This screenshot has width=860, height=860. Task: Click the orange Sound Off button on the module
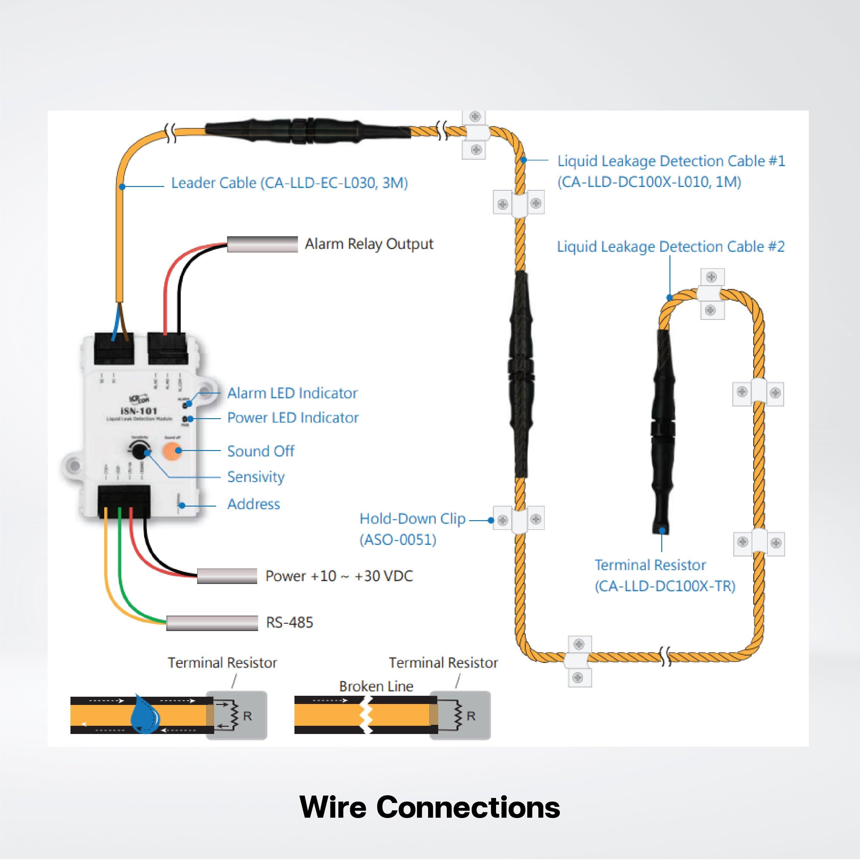click(x=172, y=450)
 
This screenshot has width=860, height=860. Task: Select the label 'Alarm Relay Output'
click(x=369, y=244)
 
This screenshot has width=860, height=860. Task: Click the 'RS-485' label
click(x=289, y=622)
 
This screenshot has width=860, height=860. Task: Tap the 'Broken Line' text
click(x=376, y=686)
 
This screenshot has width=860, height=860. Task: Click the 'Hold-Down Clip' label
click(x=412, y=519)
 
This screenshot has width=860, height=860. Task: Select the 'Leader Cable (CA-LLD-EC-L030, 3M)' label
click(x=289, y=183)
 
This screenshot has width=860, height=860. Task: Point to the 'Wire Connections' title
click(x=430, y=807)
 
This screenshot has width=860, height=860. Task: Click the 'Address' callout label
click(x=253, y=504)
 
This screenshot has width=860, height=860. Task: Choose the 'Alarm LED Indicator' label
click(x=292, y=393)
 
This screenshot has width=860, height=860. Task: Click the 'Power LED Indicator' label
click(x=293, y=418)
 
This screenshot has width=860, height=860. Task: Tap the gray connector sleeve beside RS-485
click(x=212, y=623)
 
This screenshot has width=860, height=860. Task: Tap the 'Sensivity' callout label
click(x=256, y=477)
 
